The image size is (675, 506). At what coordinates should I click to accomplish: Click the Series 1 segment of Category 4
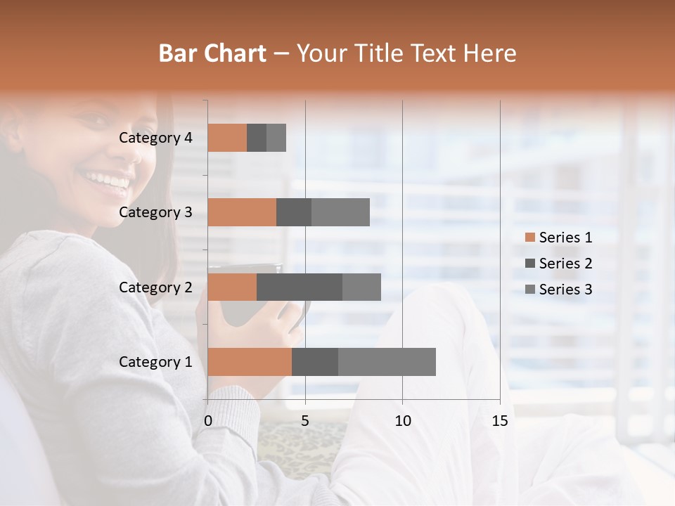[x=227, y=138]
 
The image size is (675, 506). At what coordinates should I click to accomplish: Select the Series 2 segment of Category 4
[x=257, y=138]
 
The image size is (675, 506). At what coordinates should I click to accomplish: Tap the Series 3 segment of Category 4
[x=276, y=138]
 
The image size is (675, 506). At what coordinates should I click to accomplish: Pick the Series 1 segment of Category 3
[x=242, y=212]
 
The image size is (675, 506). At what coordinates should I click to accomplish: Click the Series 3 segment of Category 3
[x=340, y=212]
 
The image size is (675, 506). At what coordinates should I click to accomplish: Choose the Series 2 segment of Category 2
[x=300, y=287]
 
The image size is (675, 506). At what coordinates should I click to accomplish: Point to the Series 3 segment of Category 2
[x=361, y=287]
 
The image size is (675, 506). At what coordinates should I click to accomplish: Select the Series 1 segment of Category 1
[x=250, y=362]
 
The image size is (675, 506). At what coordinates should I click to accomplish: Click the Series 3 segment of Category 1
[x=387, y=362]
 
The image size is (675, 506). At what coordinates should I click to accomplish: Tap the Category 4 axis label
[x=155, y=138]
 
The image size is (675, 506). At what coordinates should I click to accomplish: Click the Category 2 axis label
[x=155, y=287]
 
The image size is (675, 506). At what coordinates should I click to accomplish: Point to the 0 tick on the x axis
[x=208, y=421]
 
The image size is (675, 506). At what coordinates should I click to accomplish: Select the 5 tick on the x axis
[x=305, y=421]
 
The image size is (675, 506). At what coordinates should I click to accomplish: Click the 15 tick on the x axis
[x=499, y=421]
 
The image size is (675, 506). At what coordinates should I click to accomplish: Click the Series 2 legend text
[x=565, y=264]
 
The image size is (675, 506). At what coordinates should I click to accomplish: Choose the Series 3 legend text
[x=565, y=289]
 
